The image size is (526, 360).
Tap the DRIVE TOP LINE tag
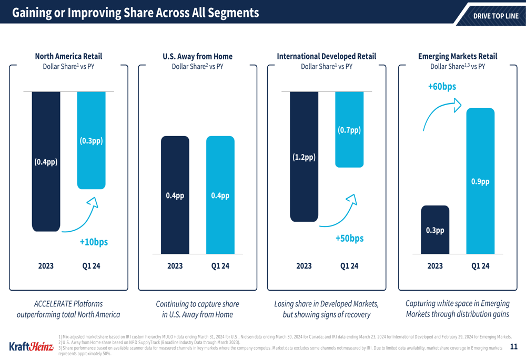click(495, 16)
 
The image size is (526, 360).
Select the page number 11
click(514, 346)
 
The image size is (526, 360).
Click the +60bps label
click(442, 86)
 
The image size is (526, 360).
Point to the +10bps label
click(94, 242)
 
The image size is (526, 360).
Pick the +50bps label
click(349, 239)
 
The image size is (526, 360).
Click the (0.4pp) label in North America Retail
click(46, 162)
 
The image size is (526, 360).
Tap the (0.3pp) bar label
click(91, 141)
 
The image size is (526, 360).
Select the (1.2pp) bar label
click(304, 157)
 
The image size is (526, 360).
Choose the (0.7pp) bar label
click(349, 130)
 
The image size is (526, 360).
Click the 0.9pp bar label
click(480, 182)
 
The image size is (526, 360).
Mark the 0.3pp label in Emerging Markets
click(435, 230)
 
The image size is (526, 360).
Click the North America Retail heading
click(68, 56)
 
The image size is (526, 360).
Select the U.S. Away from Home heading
click(198, 56)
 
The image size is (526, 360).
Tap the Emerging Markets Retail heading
click(458, 56)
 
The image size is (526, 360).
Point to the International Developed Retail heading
click(327, 56)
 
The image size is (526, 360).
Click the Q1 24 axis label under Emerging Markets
click(480, 266)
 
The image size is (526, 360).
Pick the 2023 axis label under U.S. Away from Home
click(175, 266)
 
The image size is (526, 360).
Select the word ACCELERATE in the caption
click(53, 304)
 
